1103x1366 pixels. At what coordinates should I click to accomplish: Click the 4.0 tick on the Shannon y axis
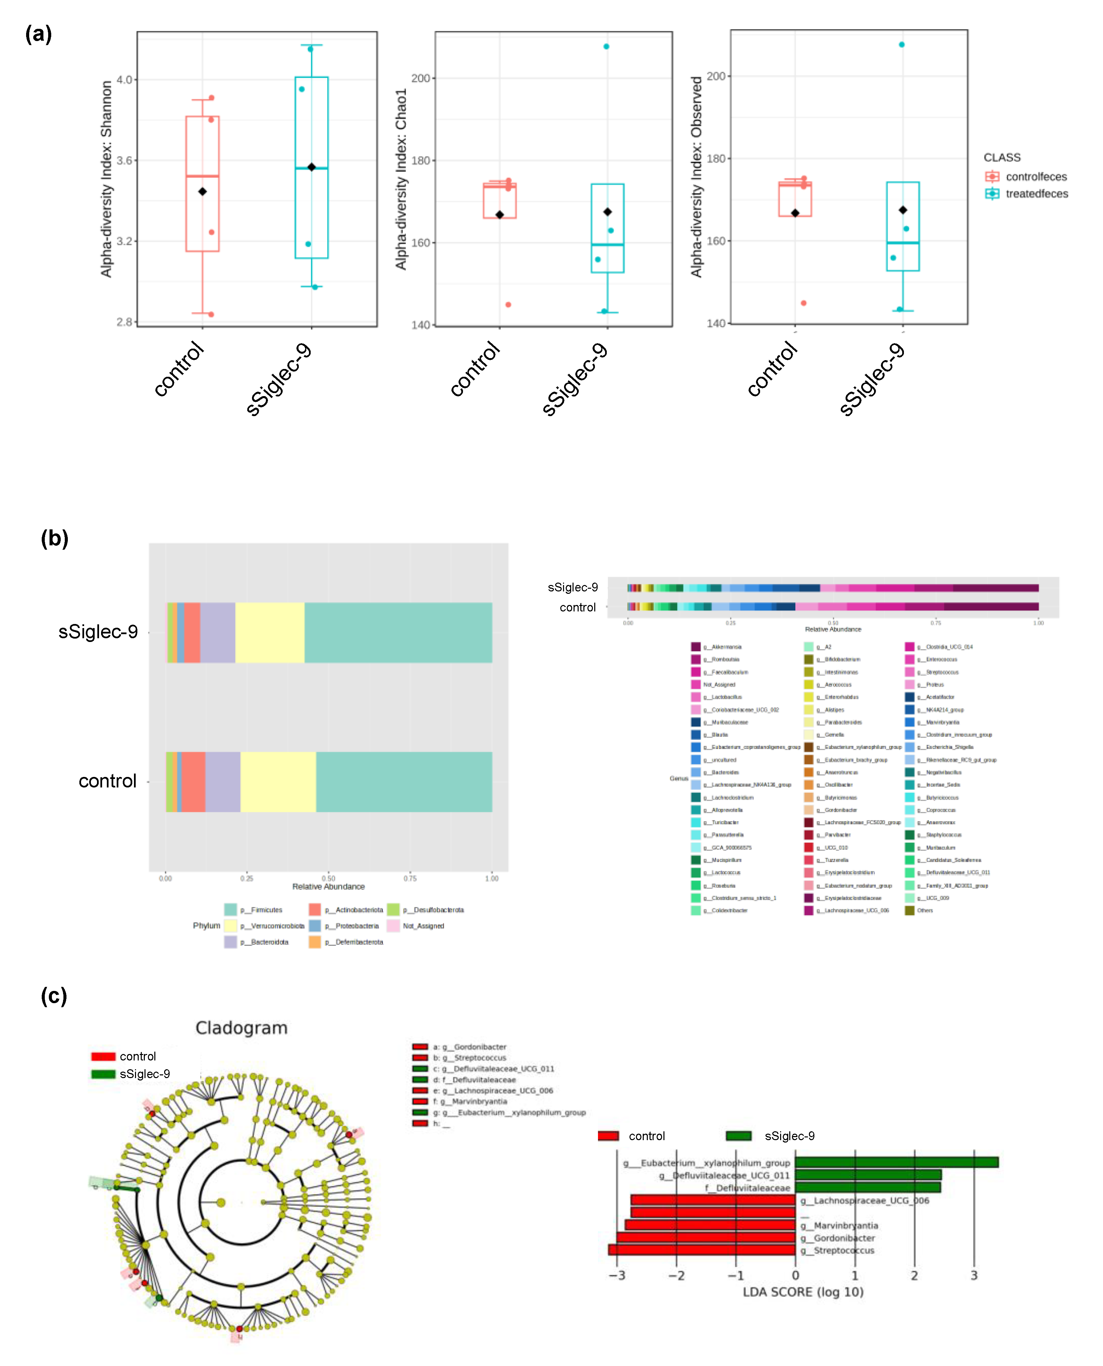tap(124, 80)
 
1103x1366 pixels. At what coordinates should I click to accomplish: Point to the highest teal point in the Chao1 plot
tap(606, 46)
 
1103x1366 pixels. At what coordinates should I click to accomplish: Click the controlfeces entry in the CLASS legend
tap(1035, 177)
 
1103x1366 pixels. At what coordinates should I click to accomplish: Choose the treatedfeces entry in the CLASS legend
tap(1036, 194)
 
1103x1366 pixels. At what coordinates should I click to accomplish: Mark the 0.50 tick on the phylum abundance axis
tap(328, 879)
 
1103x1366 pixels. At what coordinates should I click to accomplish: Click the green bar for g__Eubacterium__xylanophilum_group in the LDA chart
tap(896, 1162)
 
